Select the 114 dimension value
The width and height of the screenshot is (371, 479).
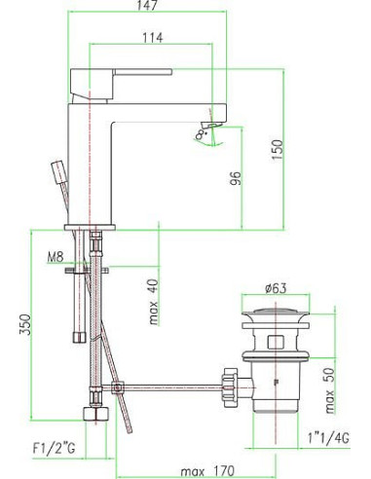tap(153, 38)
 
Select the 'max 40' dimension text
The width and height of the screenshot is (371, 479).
tap(154, 303)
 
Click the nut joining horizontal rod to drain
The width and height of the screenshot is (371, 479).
tap(231, 378)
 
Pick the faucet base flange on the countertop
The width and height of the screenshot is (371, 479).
tap(90, 227)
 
